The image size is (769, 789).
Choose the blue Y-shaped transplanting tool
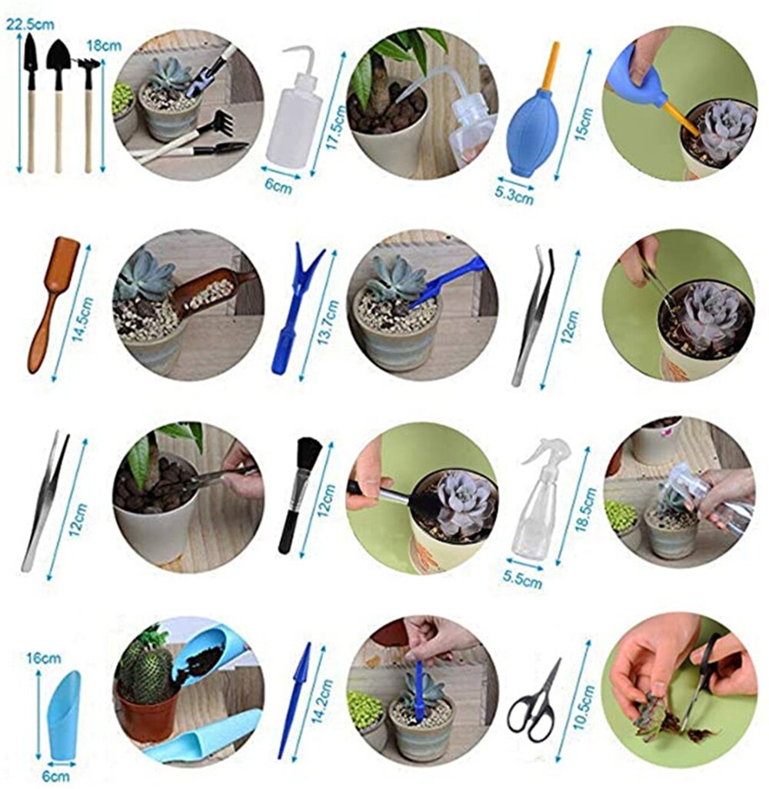point(295,308)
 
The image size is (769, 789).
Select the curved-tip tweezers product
point(533,315)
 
